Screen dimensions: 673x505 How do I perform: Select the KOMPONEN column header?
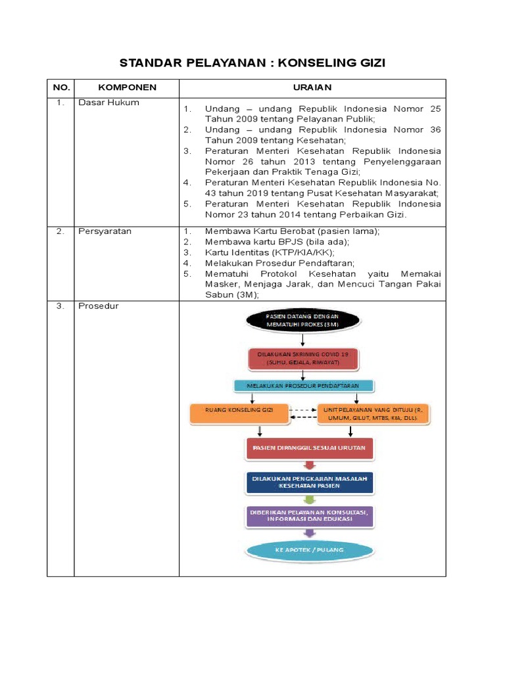[x=127, y=87]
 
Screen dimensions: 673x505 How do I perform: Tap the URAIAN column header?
[x=312, y=87]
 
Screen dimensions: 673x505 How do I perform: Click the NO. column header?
[x=60, y=87]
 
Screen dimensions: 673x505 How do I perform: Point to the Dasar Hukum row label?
[x=108, y=103]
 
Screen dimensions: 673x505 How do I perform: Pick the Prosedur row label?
[x=99, y=306]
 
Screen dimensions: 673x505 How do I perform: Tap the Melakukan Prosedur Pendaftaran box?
[x=303, y=386]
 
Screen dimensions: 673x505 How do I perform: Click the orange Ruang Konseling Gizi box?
[x=239, y=413]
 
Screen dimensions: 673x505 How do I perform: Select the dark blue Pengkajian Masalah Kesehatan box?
[x=309, y=482]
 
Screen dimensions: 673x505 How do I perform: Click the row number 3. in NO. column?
[x=60, y=306]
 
